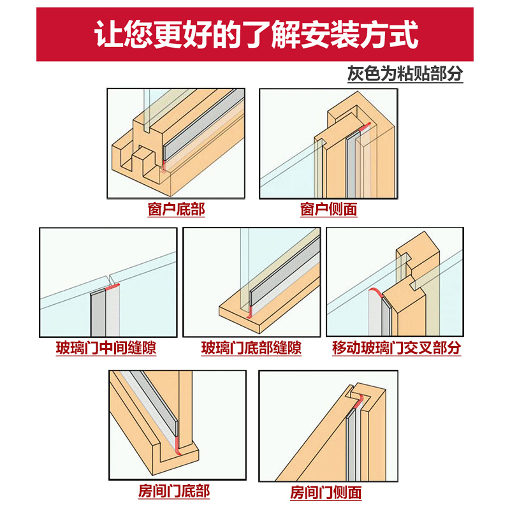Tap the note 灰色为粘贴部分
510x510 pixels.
point(405,73)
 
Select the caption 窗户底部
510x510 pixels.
point(176,210)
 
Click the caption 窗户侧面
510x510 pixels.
point(328,210)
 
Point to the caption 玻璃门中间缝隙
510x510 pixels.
point(106,349)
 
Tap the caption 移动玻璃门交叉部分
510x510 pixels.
point(396,349)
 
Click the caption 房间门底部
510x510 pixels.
point(173,492)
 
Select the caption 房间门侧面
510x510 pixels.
point(326,492)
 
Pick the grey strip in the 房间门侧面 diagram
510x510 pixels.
point(352,446)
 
